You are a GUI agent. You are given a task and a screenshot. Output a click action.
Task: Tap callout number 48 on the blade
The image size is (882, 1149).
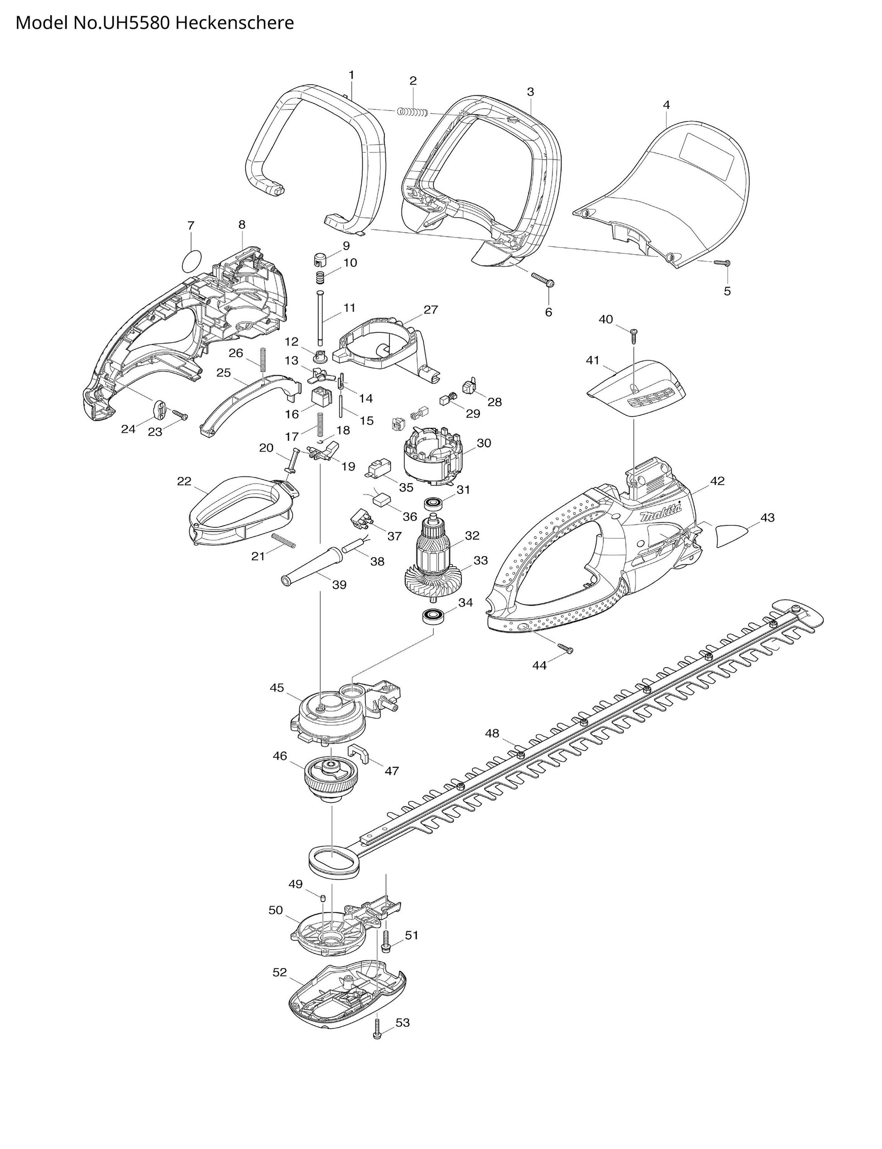pyautogui.click(x=492, y=733)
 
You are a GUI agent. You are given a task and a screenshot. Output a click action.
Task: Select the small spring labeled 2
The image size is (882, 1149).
pyautogui.click(x=412, y=112)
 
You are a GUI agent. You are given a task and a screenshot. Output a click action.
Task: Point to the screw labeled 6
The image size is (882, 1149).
pyautogui.click(x=543, y=279)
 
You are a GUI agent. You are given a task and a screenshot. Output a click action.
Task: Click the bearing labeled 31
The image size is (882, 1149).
pyautogui.click(x=434, y=503)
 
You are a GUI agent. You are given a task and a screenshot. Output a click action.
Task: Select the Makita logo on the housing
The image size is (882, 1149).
pyautogui.click(x=660, y=515)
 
